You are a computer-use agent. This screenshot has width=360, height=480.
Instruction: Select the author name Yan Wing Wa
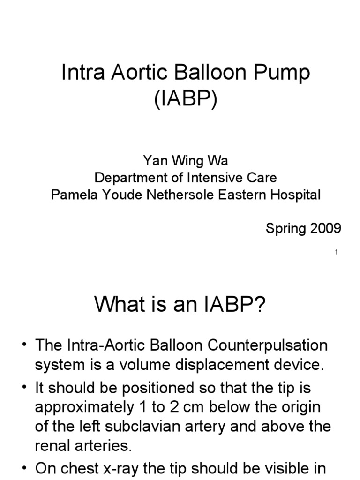[x=186, y=161]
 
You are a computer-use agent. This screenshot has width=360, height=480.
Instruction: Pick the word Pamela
[x=73, y=195]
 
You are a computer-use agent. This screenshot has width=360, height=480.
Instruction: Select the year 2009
[x=322, y=228]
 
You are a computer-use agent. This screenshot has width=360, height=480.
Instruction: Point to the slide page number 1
[x=336, y=252]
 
